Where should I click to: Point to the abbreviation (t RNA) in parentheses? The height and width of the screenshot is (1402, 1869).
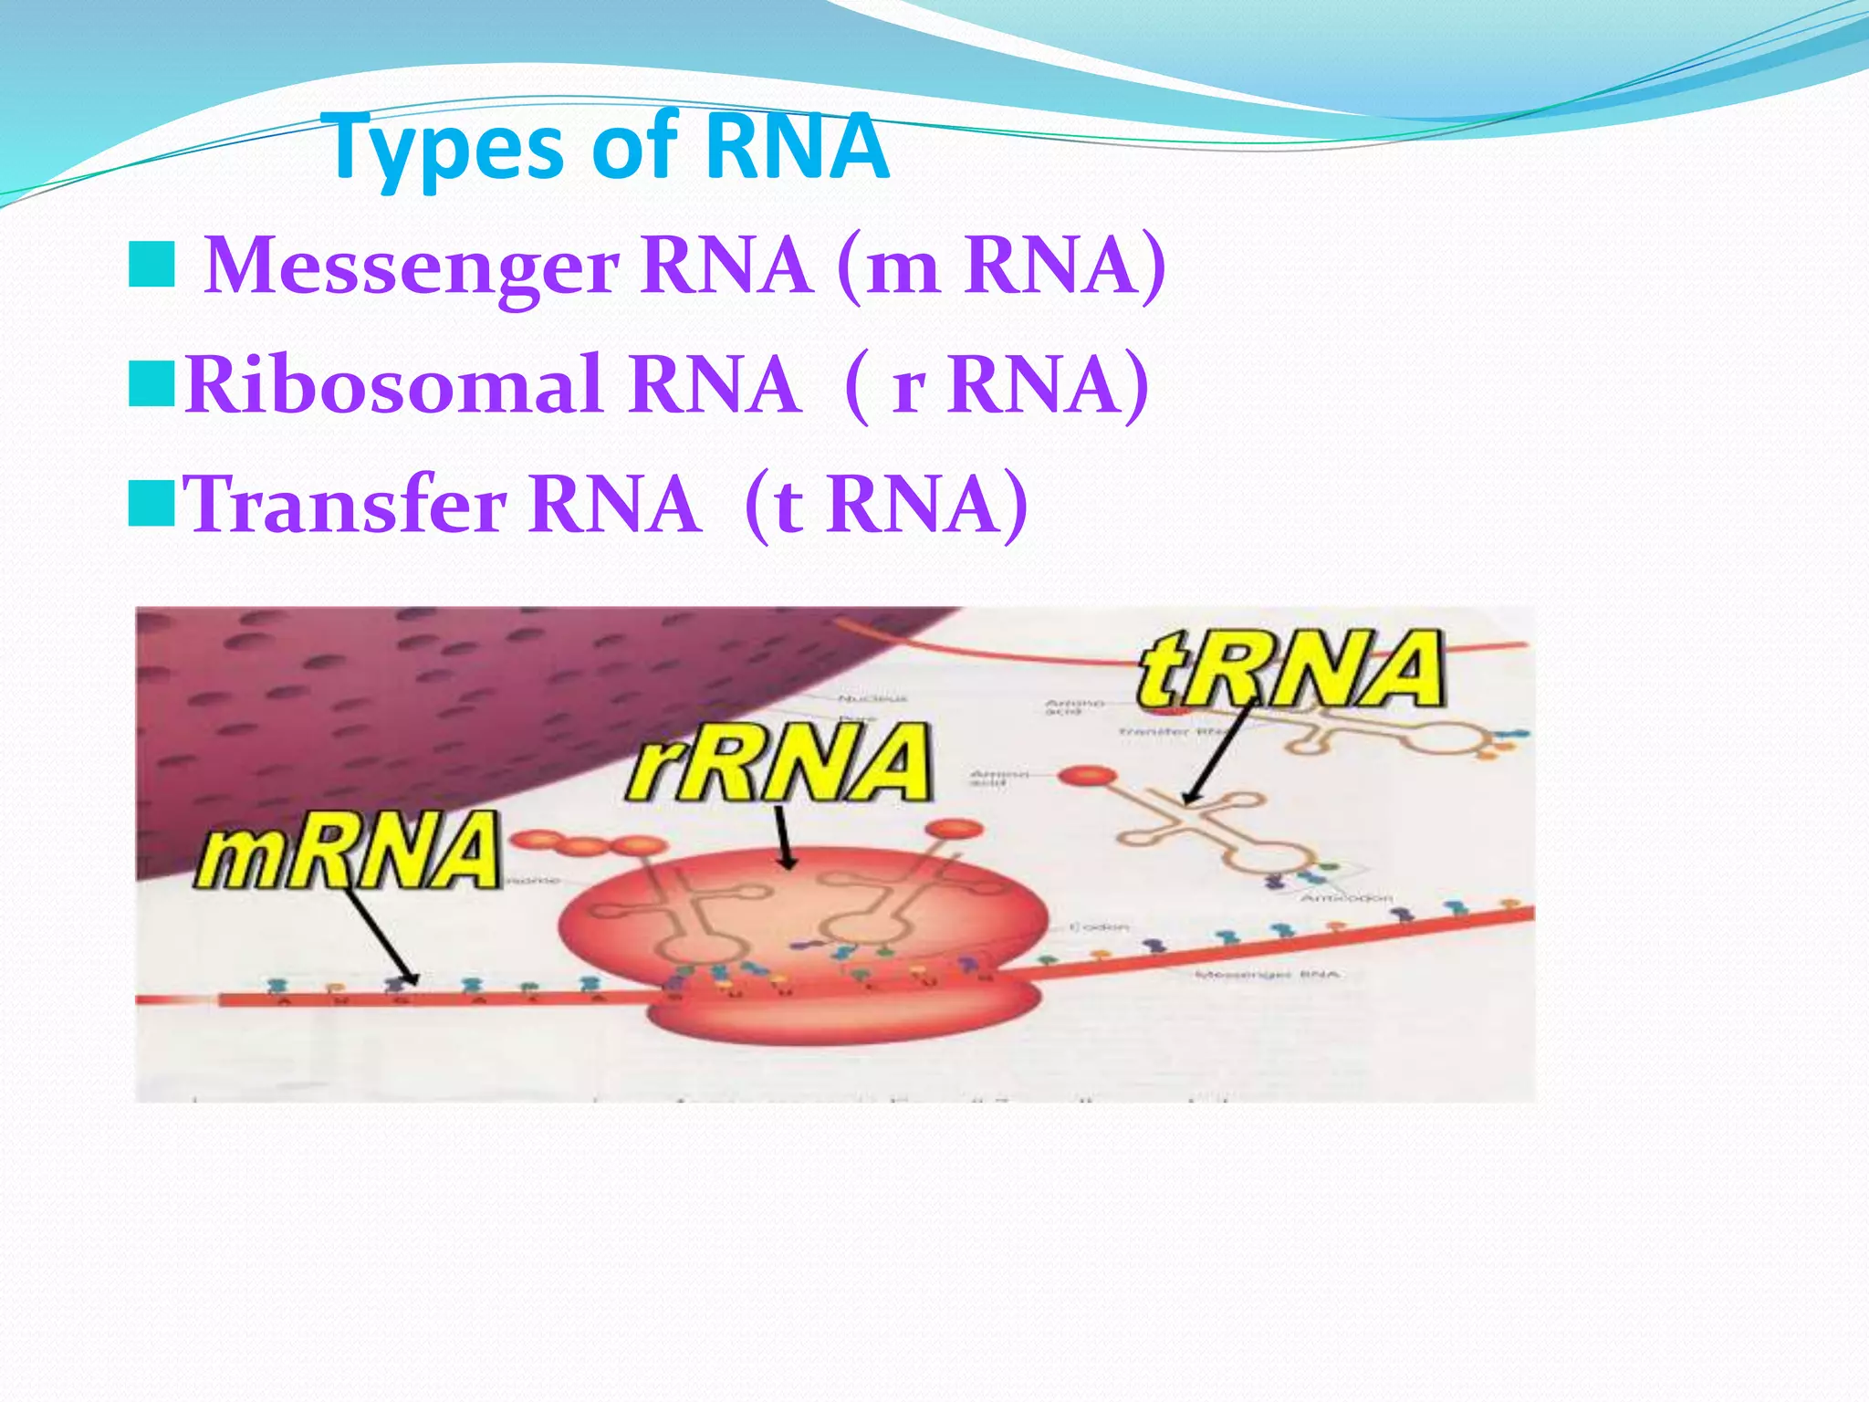point(886,504)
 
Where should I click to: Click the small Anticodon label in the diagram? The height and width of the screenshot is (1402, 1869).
point(1345,898)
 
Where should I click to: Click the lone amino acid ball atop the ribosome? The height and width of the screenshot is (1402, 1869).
point(955,829)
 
